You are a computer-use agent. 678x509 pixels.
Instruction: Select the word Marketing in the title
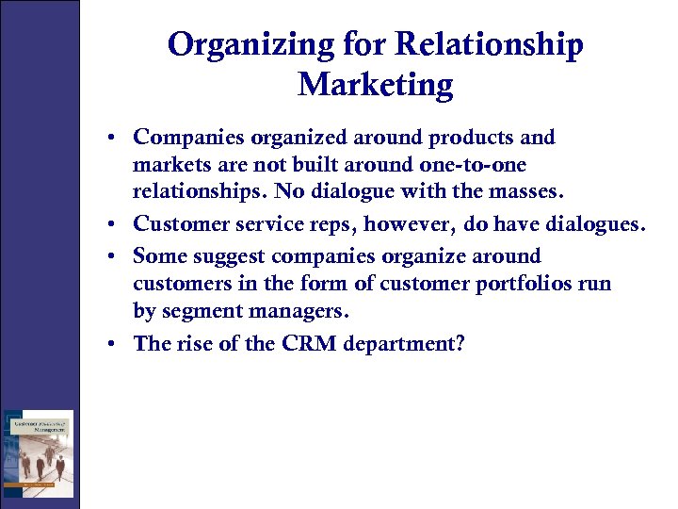click(375, 86)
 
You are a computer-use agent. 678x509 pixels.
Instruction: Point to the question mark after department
click(460, 343)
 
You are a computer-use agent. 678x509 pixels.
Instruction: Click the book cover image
click(38, 454)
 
